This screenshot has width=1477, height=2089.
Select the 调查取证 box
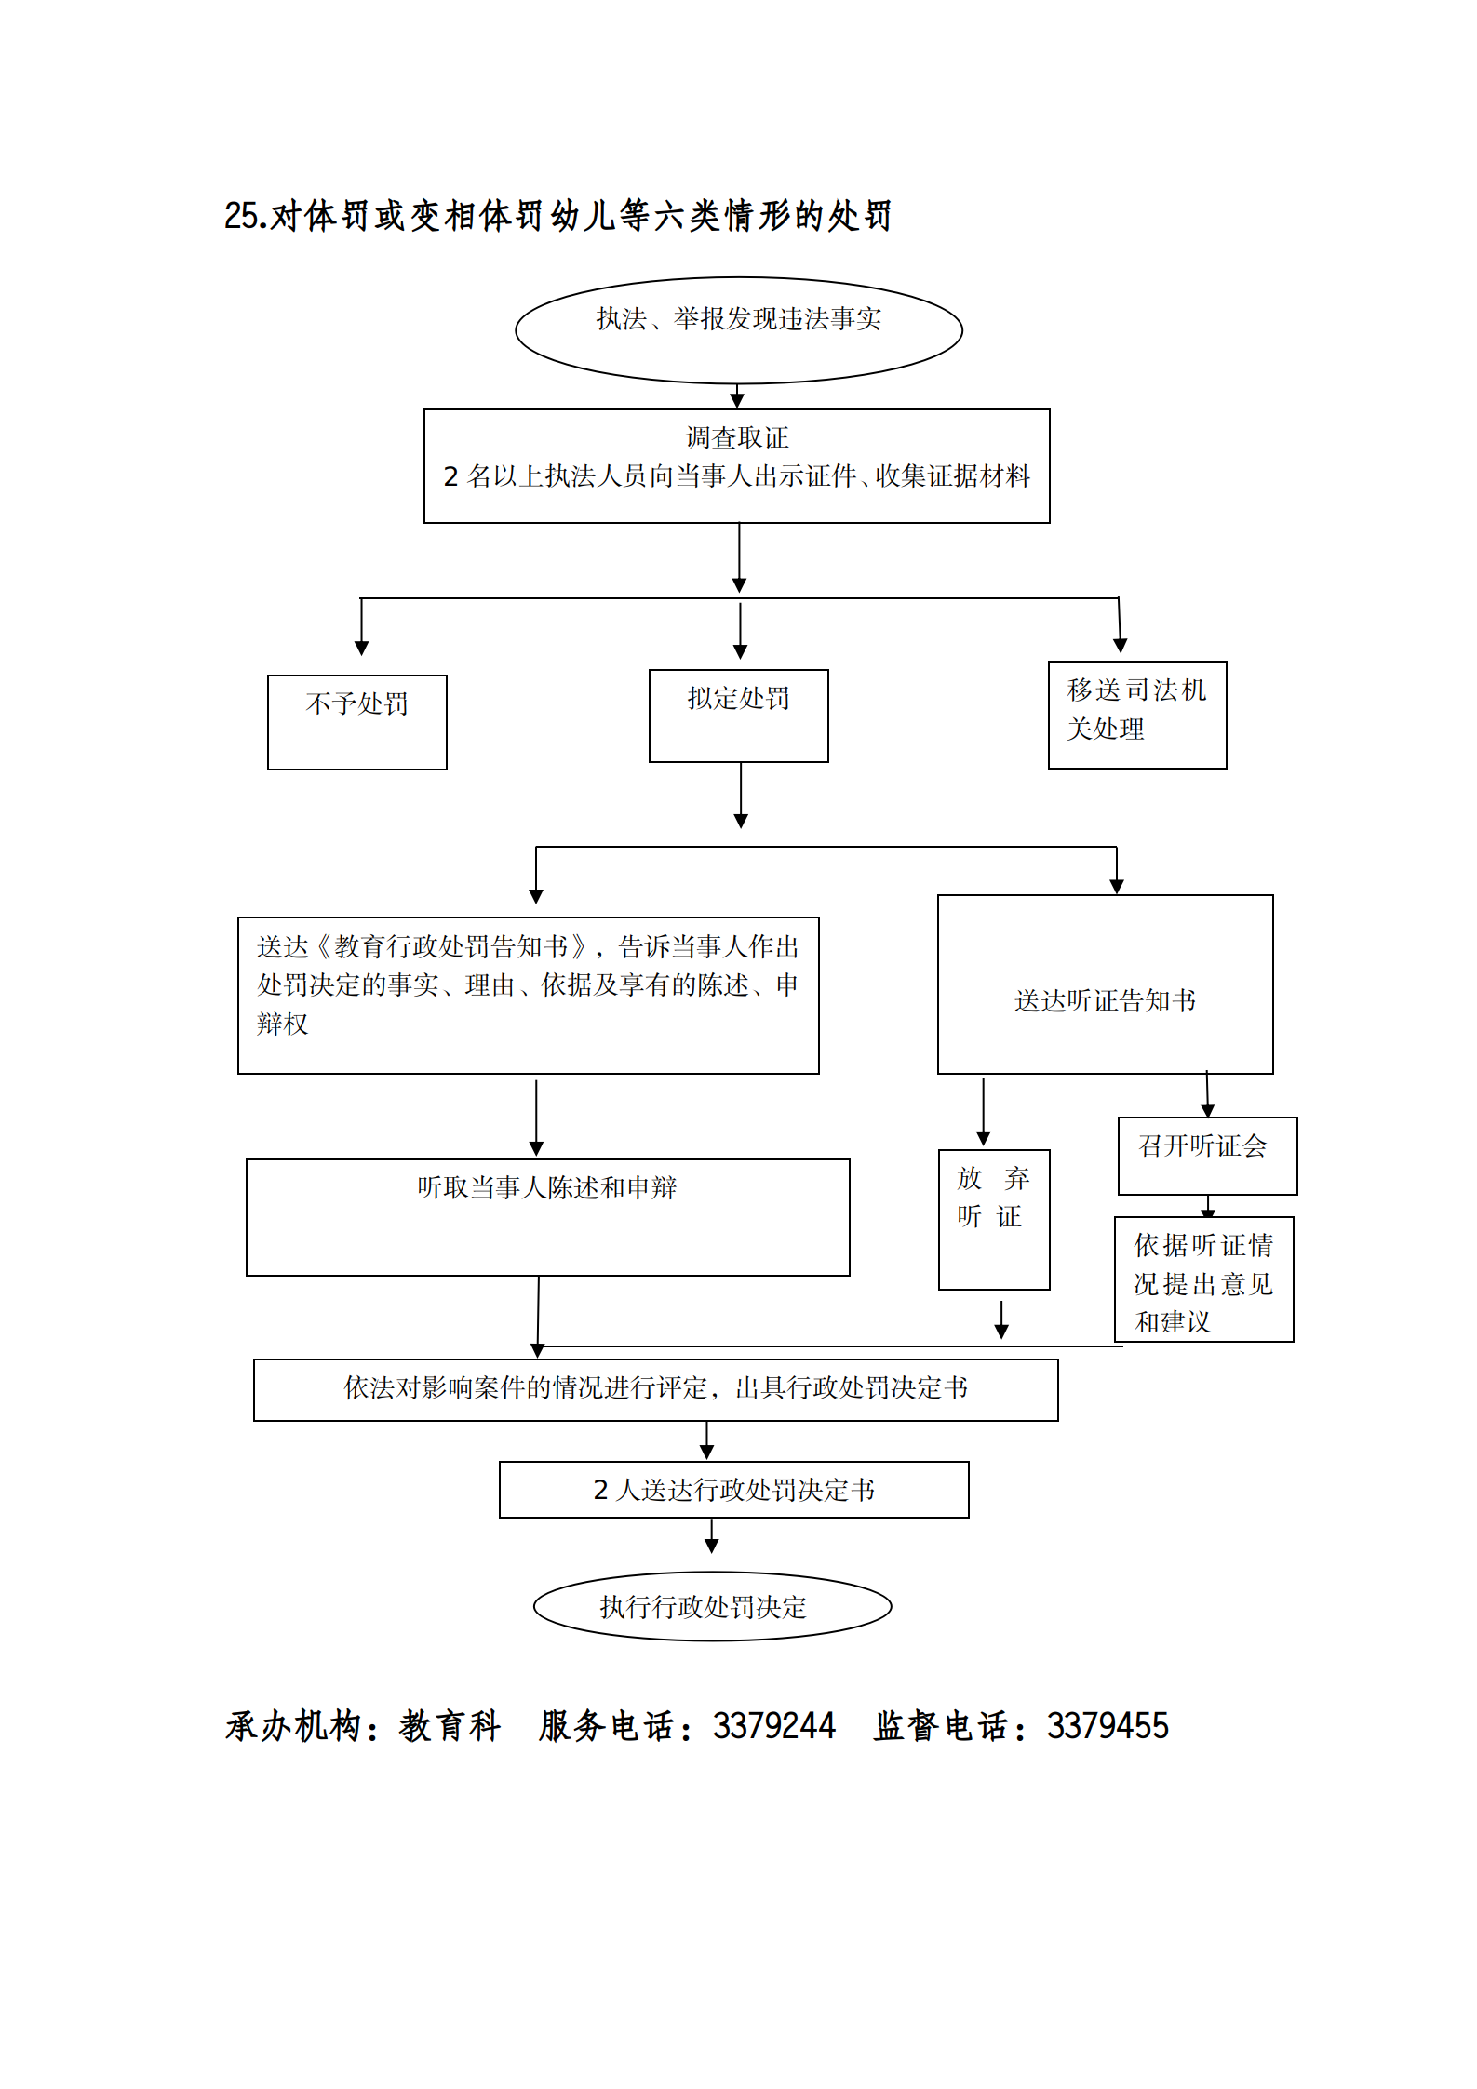(x=736, y=465)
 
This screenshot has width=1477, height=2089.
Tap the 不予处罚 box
(x=356, y=721)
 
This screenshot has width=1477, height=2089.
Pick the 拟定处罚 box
(x=738, y=715)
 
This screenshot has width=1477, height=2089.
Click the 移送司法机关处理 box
(x=1136, y=714)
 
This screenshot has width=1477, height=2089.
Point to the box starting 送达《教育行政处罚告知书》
(x=528, y=994)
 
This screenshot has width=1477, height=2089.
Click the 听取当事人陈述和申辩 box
(x=547, y=1216)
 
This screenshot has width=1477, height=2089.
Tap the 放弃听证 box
(x=993, y=1219)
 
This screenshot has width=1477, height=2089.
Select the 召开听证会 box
(x=1206, y=1155)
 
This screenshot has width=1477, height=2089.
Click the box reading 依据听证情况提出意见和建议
(x=1203, y=1279)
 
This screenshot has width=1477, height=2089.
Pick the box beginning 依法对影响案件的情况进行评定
(x=655, y=1389)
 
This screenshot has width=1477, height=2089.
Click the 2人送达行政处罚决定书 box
(x=733, y=1489)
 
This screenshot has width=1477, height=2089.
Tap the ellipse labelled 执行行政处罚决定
(x=712, y=1606)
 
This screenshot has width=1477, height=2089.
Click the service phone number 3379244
(x=773, y=1726)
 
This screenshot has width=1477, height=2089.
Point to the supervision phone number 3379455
(x=1107, y=1726)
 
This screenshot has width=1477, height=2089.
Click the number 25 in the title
(x=240, y=216)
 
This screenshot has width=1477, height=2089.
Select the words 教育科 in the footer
(x=450, y=1726)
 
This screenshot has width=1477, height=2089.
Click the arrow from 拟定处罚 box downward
(x=741, y=795)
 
